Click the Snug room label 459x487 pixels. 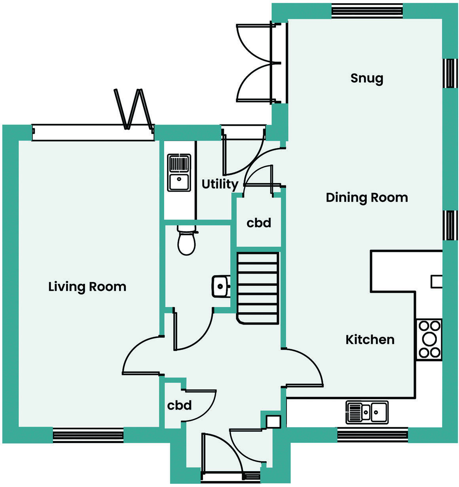click(x=367, y=78)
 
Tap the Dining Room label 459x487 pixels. click(x=367, y=197)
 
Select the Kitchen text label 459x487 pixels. click(x=370, y=340)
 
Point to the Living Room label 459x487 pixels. click(x=87, y=287)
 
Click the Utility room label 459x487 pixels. click(x=220, y=184)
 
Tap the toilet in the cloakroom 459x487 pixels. click(x=186, y=241)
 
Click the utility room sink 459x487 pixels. click(x=179, y=173)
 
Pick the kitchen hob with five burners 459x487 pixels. click(x=429, y=339)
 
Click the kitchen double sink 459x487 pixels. click(x=367, y=412)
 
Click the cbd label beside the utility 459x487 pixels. click(x=259, y=223)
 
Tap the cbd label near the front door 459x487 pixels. click(x=179, y=405)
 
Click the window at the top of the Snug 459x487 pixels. click(x=367, y=11)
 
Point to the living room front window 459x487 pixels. click(x=88, y=435)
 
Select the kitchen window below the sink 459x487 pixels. click(x=372, y=435)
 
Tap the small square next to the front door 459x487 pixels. click(x=273, y=422)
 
